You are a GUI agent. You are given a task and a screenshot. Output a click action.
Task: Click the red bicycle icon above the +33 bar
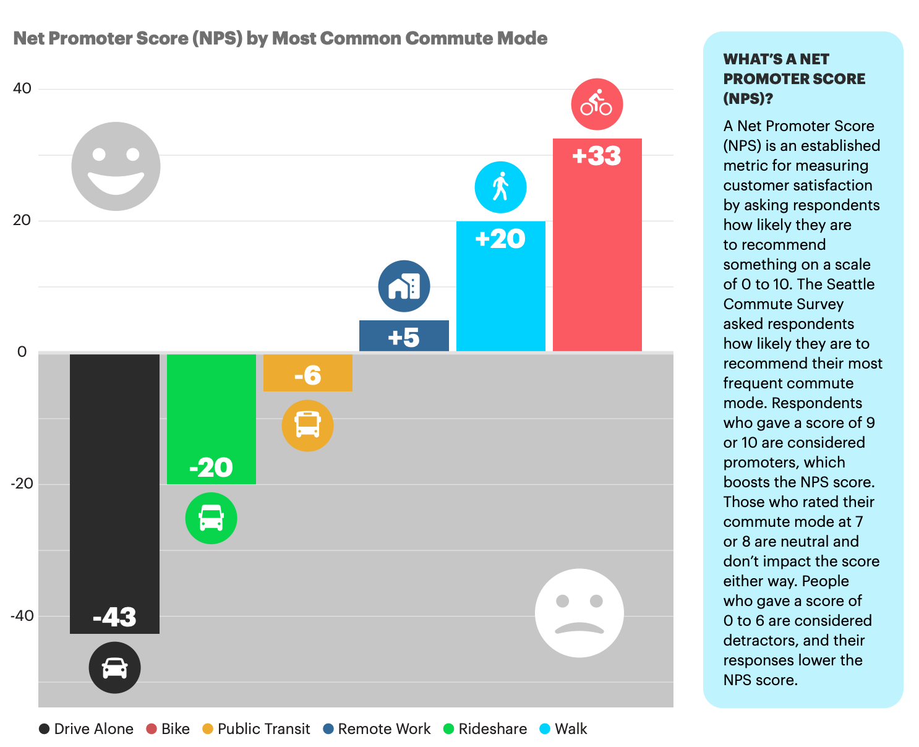[597, 104]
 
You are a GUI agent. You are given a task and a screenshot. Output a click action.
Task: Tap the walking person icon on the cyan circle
[500, 187]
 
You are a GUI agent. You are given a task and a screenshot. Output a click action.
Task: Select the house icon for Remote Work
[404, 286]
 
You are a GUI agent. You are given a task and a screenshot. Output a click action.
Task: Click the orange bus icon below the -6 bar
[307, 425]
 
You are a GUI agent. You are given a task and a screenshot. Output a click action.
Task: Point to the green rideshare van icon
[211, 518]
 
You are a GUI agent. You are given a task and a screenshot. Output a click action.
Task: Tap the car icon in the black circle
[114, 667]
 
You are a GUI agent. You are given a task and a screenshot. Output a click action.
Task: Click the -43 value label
[114, 617]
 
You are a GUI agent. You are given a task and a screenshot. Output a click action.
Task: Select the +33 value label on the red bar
[597, 156]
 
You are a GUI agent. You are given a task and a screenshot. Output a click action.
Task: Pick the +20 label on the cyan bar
[500, 239]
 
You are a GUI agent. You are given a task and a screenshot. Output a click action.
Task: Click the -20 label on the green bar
[211, 467]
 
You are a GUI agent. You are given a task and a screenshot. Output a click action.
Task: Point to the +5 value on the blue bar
[404, 338]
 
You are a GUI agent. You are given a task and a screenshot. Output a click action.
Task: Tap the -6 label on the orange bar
[307, 375]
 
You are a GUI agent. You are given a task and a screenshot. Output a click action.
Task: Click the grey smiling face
[116, 166]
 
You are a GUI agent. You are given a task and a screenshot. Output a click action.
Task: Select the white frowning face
[579, 613]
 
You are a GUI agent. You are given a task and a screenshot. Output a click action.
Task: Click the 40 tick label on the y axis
[22, 88]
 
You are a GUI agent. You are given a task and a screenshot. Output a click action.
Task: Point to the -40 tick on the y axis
[22, 616]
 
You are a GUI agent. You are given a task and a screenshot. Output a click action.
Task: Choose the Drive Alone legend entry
[87, 729]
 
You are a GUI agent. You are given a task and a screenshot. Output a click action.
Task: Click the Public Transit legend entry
[257, 729]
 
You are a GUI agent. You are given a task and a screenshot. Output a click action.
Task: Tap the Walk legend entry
[564, 729]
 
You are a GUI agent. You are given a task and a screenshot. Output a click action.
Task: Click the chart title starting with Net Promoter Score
[280, 38]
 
